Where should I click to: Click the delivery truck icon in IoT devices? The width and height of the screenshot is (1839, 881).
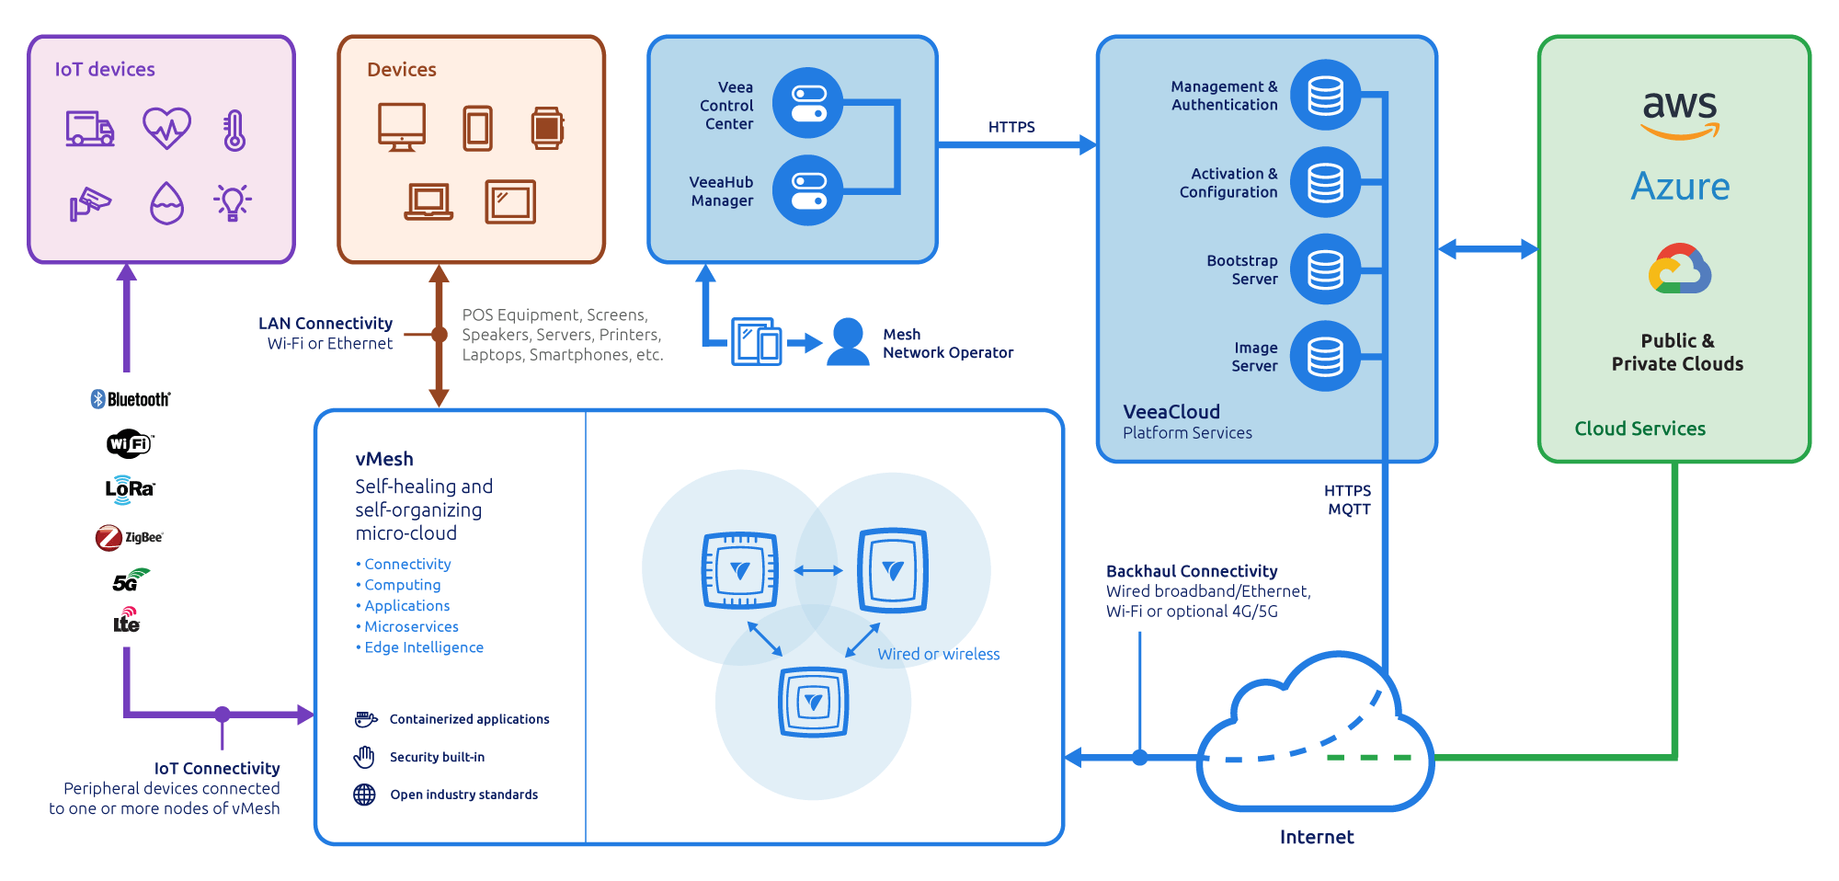point(90,129)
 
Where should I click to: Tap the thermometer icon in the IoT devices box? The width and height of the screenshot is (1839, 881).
point(234,131)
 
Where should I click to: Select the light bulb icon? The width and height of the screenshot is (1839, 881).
point(233,202)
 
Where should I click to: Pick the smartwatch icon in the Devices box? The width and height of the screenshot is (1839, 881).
point(547,129)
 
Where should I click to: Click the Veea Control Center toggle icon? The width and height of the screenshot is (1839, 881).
point(808,103)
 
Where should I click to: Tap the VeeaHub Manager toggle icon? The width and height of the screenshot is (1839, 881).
point(808,190)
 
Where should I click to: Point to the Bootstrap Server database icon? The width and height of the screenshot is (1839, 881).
point(1325,269)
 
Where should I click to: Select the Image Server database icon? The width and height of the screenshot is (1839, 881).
point(1325,356)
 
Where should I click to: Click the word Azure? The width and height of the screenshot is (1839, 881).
point(1680,187)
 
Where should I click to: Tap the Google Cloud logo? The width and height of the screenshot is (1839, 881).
point(1680,269)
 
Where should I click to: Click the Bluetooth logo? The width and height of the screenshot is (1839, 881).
point(131,399)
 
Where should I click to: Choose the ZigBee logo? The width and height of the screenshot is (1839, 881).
point(129,537)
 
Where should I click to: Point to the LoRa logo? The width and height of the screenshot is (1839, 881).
point(130,488)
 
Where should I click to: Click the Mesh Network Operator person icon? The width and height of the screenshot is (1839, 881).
point(848,343)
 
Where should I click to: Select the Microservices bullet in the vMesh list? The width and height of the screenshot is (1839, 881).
point(411,626)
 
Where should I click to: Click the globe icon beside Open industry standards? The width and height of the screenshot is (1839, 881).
point(365,795)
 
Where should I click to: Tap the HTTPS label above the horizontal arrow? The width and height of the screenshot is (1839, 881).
point(1011,127)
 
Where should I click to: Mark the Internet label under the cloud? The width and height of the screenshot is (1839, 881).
point(1317,837)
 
